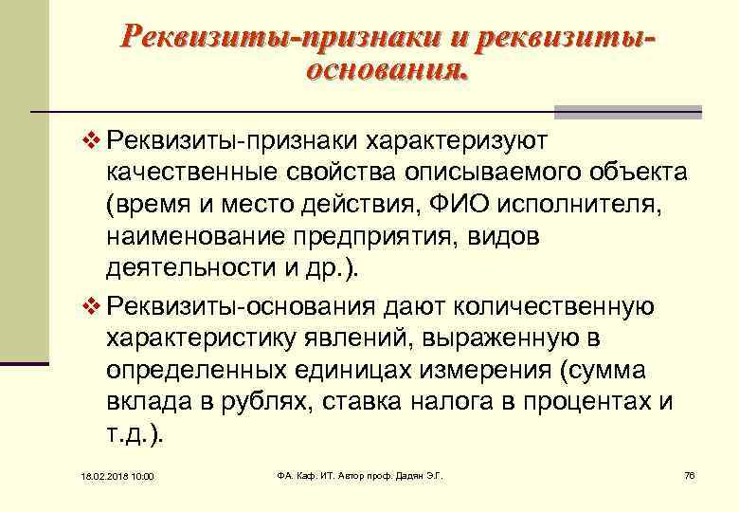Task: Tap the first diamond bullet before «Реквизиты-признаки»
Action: coord(91,140)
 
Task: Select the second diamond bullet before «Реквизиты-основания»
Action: coord(91,305)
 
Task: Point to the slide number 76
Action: coord(689,473)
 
